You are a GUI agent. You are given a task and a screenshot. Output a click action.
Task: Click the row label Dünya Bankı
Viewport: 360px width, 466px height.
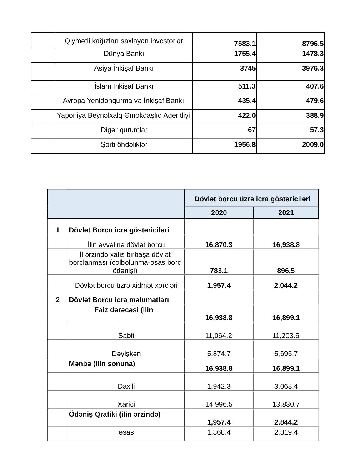click(x=124, y=54)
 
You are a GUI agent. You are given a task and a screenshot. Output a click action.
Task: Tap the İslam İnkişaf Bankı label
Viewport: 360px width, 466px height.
click(x=124, y=86)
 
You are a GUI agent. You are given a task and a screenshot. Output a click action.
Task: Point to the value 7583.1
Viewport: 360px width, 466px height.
click(x=245, y=44)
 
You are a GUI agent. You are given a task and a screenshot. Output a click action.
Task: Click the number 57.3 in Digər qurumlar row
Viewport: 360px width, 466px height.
click(x=317, y=130)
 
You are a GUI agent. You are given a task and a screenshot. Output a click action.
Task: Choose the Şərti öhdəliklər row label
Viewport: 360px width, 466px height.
click(x=124, y=145)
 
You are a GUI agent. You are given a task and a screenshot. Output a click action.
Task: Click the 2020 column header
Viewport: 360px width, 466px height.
click(x=219, y=213)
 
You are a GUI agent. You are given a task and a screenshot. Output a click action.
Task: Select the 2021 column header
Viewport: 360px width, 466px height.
click(x=286, y=213)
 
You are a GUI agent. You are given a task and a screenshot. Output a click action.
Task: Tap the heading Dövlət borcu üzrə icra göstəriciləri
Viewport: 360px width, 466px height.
click(x=252, y=199)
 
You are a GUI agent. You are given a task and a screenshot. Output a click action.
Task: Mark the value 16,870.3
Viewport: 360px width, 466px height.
click(x=219, y=245)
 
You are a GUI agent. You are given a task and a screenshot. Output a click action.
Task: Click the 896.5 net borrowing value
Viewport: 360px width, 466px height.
click(x=286, y=271)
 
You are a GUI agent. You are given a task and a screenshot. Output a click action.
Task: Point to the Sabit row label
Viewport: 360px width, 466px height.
click(x=126, y=336)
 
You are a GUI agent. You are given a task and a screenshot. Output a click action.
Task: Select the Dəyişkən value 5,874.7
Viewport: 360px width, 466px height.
click(x=219, y=354)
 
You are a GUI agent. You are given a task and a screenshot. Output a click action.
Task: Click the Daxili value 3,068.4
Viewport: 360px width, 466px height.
click(x=286, y=386)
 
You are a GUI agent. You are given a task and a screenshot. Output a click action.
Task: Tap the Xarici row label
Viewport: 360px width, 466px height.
click(x=126, y=404)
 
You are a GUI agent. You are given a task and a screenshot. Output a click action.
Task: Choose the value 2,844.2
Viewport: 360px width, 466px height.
click(x=286, y=422)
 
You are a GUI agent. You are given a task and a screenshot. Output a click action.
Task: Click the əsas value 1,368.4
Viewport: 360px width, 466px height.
click(x=219, y=432)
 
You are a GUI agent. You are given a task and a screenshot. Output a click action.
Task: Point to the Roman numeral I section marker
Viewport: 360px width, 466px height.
click(x=58, y=230)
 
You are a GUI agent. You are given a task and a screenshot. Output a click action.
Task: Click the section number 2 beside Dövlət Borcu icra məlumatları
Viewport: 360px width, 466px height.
click(x=58, y=300)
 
